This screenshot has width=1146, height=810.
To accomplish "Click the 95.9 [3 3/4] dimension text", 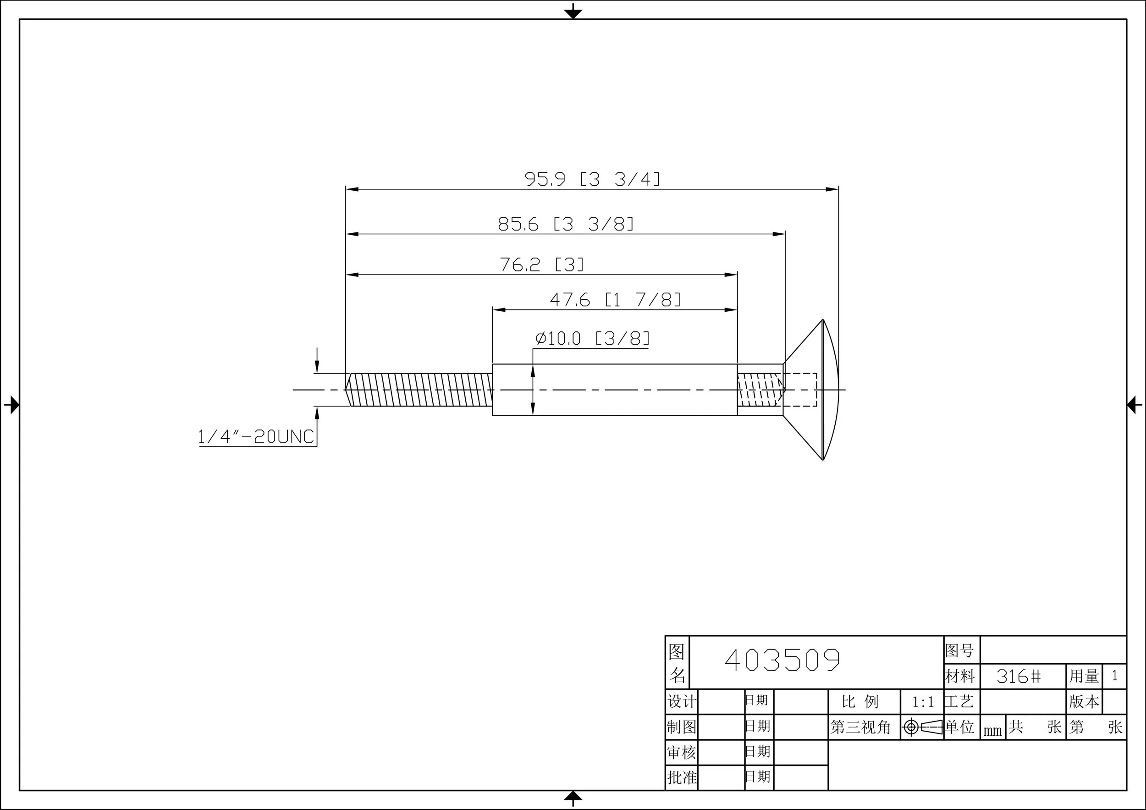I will (592, 179).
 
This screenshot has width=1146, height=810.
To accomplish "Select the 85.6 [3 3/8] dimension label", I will (566, 224).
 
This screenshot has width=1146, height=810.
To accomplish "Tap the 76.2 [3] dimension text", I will (541, 264).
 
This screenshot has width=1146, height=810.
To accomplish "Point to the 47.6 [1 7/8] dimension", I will (615, 300).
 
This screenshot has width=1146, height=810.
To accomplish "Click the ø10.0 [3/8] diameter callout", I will (592, 339).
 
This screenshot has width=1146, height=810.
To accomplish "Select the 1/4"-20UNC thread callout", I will (256, 437).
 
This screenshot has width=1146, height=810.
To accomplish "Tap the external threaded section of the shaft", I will (419, 390).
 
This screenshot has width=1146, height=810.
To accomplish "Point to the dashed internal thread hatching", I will (759, 390).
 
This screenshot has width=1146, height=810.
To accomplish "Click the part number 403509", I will (782, 661).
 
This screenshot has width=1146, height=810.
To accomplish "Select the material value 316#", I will (1019, 677).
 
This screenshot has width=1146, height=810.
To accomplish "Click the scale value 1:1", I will (923, 702).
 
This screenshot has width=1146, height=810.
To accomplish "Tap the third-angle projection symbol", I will (922, 727).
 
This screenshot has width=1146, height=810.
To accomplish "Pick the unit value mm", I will (992, 731).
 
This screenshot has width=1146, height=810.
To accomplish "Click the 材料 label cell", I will (960, 677).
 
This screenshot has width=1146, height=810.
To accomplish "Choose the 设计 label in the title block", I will (682, 702).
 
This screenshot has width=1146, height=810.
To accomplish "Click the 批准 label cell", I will (682, 777).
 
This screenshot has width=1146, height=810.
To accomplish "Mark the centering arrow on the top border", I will (573, 11).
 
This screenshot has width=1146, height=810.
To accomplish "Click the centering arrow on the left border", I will (12, 404).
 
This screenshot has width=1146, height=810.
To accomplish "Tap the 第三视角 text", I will (860, 727).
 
